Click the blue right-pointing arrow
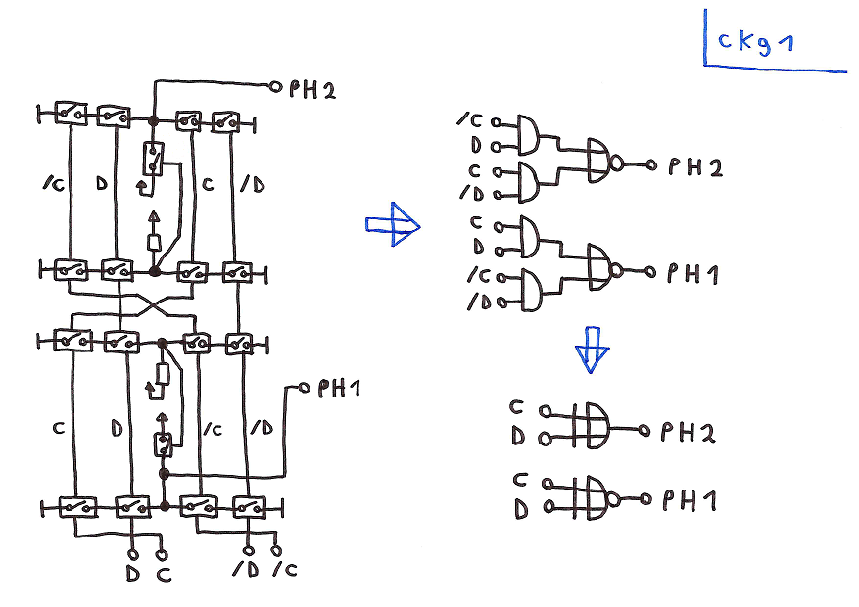(394, 225)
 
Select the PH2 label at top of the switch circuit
(312, 91)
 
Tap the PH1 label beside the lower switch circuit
(339, 390)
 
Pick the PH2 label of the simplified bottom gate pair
(689, 432)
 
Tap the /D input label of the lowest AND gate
(478, 303)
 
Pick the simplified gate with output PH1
(594, 496)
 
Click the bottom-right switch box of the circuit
(249, 507)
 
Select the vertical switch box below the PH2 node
(154, 157)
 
